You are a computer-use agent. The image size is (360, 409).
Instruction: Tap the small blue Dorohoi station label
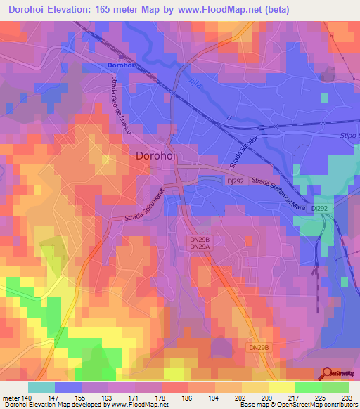coord(121,65)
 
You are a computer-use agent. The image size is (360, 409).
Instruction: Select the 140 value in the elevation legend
coord(27,398)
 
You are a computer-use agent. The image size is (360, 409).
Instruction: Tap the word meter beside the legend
coord(11,398)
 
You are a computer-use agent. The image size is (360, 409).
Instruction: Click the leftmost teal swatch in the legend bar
coord(41,387)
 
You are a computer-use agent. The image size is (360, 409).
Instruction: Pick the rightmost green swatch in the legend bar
coord(335,387)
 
